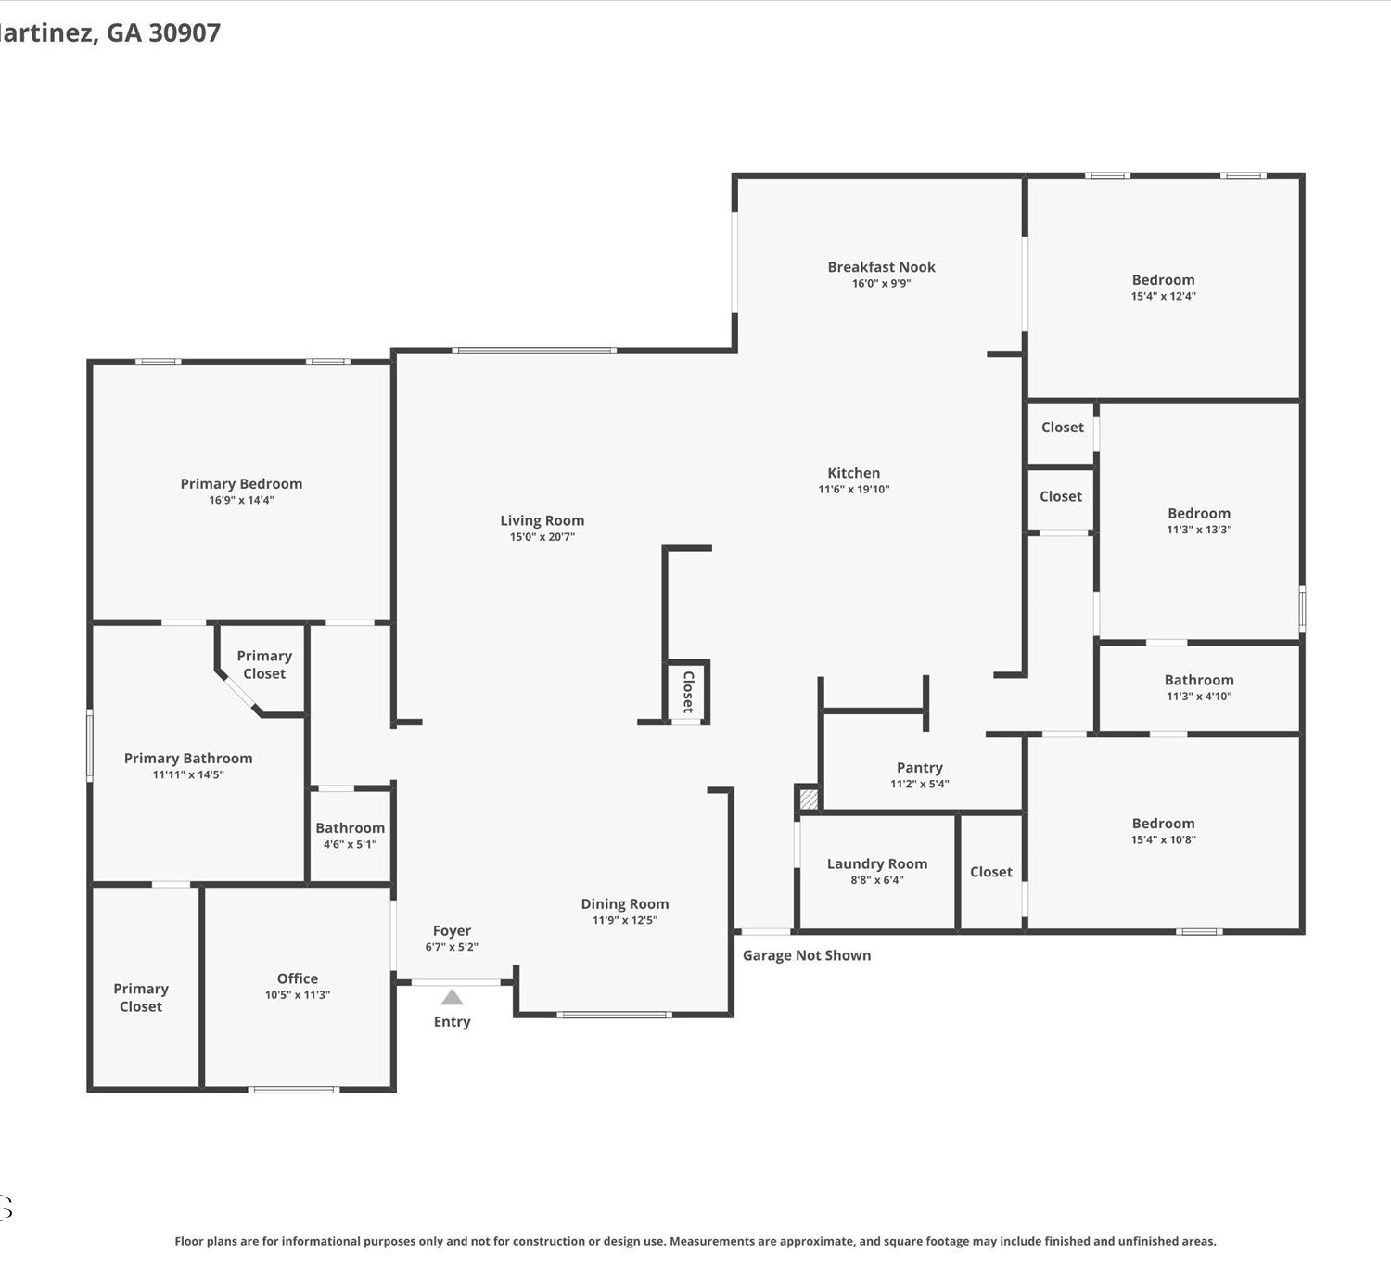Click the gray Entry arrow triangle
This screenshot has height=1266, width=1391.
click(x=452, y=997)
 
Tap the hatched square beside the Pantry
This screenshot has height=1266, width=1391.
click(x=809, y=799)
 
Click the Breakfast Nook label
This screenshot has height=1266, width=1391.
click(x=881, y=267)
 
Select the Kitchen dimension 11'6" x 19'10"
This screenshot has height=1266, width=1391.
click(x=853, y=489)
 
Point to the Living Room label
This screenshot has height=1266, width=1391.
click(x=542, y=520)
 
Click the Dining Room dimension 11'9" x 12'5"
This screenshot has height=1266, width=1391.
click(x=624, y=920)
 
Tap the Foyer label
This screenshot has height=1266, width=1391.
click(x=452, y=931)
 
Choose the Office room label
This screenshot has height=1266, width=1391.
click(x=298, y=978)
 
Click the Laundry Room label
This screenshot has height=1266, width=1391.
click(x=876, y=863)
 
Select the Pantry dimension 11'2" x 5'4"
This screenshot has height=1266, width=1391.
click(x=920, y=784)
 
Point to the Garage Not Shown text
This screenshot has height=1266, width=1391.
click(x=807, y=955)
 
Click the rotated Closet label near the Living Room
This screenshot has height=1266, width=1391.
click(x=688, y=692)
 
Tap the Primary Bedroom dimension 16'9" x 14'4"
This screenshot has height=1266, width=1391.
click(x=241, y=500)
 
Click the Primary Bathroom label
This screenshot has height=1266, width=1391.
click(x=188, y=759)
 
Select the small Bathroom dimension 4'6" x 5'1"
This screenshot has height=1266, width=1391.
click(x=350, y=844)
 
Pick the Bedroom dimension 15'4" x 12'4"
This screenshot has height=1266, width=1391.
click(x=1163, y=296)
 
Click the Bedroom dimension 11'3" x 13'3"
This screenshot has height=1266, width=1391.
click(x=1198, y=530)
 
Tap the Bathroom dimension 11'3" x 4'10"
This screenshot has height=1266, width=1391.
click(x=1198, y=697)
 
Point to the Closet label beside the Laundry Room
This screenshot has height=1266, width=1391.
click(x=991, y=872)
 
